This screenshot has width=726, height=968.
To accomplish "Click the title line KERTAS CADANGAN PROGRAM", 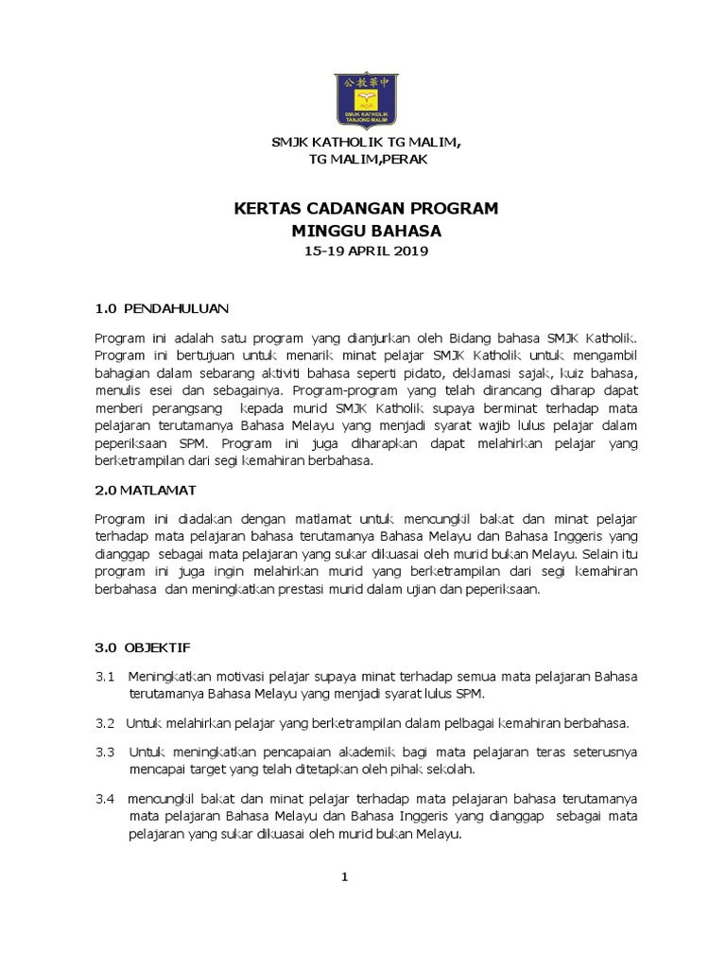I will [366, 208].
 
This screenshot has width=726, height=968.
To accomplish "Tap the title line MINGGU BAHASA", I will [366, 230].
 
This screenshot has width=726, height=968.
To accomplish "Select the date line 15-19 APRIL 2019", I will [366, 251].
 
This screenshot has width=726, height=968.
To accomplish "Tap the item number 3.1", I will [105, 677].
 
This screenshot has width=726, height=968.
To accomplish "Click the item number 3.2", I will [105, 723].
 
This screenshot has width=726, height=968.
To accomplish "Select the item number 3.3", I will [105, 752].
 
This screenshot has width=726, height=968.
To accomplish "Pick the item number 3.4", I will [105, 799].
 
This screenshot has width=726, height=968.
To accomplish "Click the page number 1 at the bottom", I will [346, 877].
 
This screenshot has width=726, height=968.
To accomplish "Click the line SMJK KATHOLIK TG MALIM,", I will [366, 142].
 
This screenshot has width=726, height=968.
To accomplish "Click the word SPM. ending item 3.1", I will [469, 694].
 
